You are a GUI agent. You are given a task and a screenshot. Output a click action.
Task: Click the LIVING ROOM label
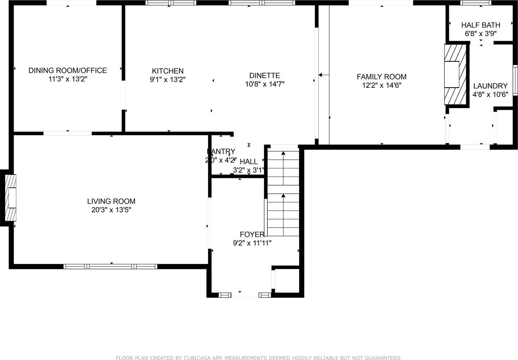tap(111, 201)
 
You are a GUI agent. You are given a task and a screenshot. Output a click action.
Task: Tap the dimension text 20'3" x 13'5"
tap(111, 210)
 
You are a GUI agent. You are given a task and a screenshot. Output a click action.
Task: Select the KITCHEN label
tap(168, 71)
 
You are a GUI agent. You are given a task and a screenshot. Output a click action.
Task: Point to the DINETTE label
tap(265, 75)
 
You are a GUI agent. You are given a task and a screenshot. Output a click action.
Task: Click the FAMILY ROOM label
tap(381, 77)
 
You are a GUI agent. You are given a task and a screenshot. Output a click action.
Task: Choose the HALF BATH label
tap(480, 25)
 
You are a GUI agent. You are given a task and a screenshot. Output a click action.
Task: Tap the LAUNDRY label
tap(490, 86)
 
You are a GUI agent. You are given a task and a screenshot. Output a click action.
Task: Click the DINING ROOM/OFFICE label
tap(68, 70)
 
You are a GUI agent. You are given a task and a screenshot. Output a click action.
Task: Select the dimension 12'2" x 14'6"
tap(381, 85)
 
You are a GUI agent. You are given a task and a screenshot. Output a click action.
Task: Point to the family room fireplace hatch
tap(456, 74)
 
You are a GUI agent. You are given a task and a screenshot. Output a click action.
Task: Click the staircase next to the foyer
tap(283, 193)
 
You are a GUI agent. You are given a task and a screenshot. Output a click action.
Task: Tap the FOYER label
tap(252, 234)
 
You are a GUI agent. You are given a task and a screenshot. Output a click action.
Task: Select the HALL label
tap(249, 161)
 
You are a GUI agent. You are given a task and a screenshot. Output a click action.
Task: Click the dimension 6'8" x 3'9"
tap(480, 33)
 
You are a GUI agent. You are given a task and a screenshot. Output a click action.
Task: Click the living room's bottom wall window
tap(110, 266)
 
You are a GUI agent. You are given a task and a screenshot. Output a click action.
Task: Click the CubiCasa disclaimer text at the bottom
tap(259, 358)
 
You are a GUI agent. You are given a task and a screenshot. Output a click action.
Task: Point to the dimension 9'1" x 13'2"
tap(168, 80)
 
